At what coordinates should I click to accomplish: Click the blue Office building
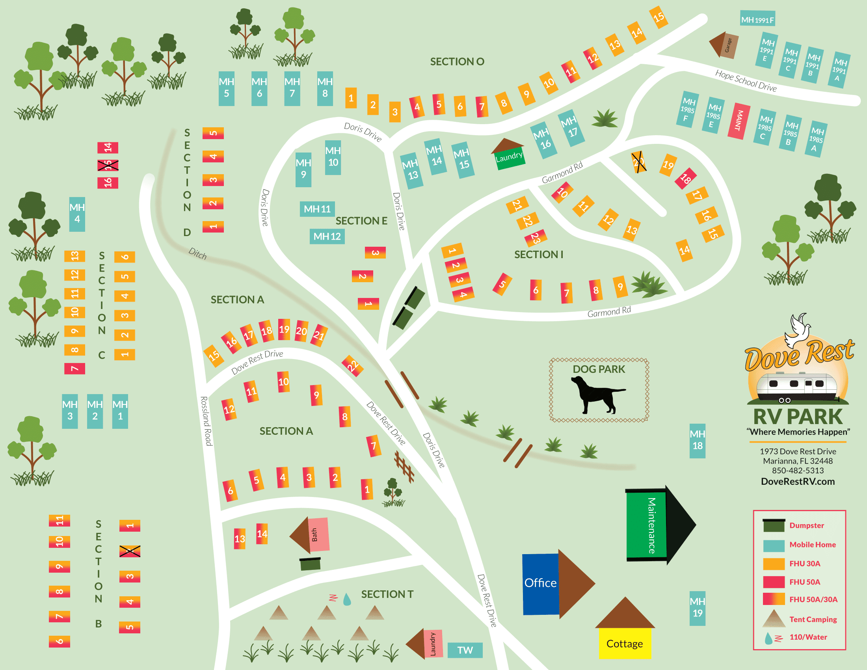pos(540,583)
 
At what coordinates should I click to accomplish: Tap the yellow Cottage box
pos(625,644)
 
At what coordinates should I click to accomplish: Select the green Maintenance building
pos(646,525)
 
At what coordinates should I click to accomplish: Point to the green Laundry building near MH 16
pos(509,158)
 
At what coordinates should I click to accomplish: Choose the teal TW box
pos(465,650)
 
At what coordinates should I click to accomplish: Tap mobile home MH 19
pos(697,608)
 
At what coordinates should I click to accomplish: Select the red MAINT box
pos(739,121)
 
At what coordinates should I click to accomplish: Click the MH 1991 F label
pos(757,19)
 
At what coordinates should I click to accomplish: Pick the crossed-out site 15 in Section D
pos(108,165)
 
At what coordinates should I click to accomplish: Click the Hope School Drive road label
pos(746,80)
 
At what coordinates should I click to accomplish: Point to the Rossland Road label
pos(206,421)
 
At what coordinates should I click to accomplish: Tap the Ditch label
pos(197,254)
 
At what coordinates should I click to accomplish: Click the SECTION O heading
pos(457,61)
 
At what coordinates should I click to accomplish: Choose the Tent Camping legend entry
pos(812,619)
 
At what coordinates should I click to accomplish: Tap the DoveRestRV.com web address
pos(798,482)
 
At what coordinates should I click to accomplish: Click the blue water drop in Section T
pos(347,599)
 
